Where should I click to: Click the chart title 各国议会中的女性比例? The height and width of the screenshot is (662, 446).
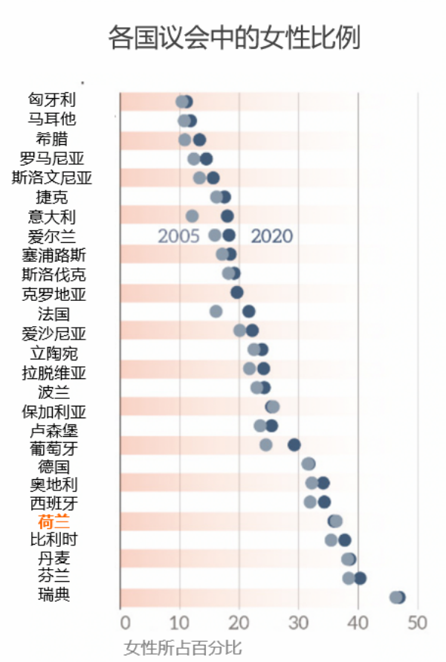point(234,36)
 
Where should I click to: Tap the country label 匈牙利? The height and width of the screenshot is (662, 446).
point(52,100)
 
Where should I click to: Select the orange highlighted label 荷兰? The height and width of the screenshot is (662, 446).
point(54,521)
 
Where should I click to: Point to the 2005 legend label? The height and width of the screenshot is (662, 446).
point(178,236)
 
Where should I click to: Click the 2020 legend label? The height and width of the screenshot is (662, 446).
point(271,236)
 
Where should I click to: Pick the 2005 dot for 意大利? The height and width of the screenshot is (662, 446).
point(192,216)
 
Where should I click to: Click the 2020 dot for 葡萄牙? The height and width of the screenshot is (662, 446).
point(294,444)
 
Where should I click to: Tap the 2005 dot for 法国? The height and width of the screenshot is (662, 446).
point(216,311)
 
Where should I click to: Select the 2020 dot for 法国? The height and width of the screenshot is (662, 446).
point(248,311)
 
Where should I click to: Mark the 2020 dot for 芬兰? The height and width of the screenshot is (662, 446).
point(361,578)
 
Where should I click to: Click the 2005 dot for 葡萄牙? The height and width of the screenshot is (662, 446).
point(265,444)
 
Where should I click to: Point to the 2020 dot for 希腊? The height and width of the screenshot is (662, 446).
point(199,140)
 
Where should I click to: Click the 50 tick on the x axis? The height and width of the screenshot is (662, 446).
point(418,622)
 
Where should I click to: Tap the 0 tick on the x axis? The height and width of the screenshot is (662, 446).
point(125,622)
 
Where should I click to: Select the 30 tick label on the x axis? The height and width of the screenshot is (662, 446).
point(299,622)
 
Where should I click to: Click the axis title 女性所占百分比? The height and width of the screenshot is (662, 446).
point(183,646)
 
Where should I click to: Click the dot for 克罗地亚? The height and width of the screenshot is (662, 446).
point(237,292)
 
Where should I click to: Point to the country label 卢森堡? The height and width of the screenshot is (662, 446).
point(54,431)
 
